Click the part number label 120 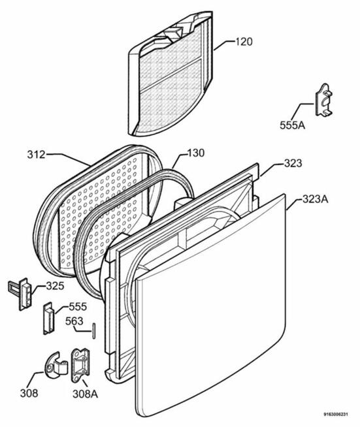point(244,42)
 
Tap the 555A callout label point(293,125)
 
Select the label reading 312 point(36,154)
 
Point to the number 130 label point(195,153)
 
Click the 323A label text point(316,199)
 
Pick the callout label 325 point(55,286)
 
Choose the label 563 point(74,321)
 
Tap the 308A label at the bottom point(85,394)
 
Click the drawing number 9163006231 point(336,415)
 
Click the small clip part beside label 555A point(324,100)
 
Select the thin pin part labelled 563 point(94,331)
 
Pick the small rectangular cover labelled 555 point(49,317)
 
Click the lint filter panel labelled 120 point(171,74)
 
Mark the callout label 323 point(293,163)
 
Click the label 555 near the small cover point(78,307)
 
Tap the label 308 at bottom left point(29,393)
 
